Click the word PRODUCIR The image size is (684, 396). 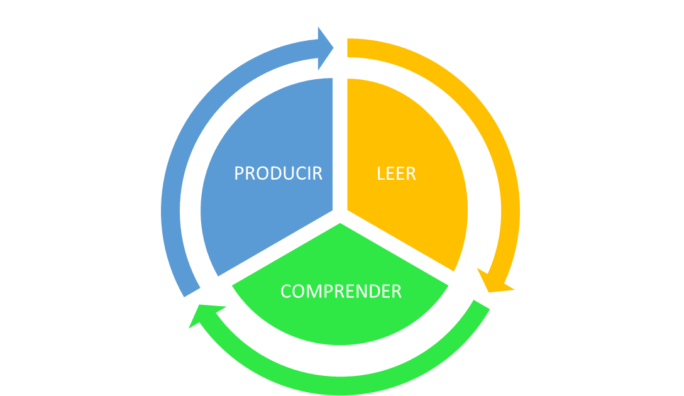pyautogui.click(x=278, y=173)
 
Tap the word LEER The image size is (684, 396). pyautogui.click(x=396, y=173)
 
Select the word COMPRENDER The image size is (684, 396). pyautogui.click(x=341, y=292)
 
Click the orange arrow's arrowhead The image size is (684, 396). pyautogui.click(x=495, y=282)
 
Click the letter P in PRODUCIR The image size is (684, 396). pyautogui.click(x=239, y=173)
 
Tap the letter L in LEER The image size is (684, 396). pyautogui.click(x=380, y=173)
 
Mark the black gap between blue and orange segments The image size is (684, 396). pyautogui.click(x=340, y=145)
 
